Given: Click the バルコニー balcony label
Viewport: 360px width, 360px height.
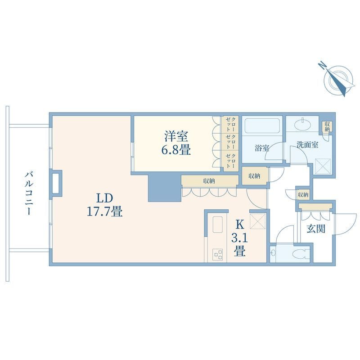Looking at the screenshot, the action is click(28, 193).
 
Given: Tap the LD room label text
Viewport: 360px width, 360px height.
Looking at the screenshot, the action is click(104, 198).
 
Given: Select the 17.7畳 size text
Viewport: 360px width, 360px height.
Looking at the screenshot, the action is click(104, 211).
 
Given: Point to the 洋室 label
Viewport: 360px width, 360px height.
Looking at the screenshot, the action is click(176, 136).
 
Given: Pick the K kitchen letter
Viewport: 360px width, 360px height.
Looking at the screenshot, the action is click(240, 225).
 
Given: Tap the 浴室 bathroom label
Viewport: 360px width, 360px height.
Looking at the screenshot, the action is click(262, 148).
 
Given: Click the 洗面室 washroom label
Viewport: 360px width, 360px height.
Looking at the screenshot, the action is click(307, 144).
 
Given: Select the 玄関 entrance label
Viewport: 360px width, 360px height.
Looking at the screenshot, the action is click(316, 229).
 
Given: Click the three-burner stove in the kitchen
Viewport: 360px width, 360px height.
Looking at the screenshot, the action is click(217, 255).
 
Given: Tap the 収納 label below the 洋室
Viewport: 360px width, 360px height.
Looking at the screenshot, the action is click(209, 181).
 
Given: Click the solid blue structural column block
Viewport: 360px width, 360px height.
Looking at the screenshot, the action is click(164, 187).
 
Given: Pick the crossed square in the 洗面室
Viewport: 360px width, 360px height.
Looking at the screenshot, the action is click(323, 166).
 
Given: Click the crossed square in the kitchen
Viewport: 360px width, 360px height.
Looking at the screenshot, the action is click(257, 221).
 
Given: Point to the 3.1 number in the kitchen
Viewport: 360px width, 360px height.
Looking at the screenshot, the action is click(239, 238).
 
